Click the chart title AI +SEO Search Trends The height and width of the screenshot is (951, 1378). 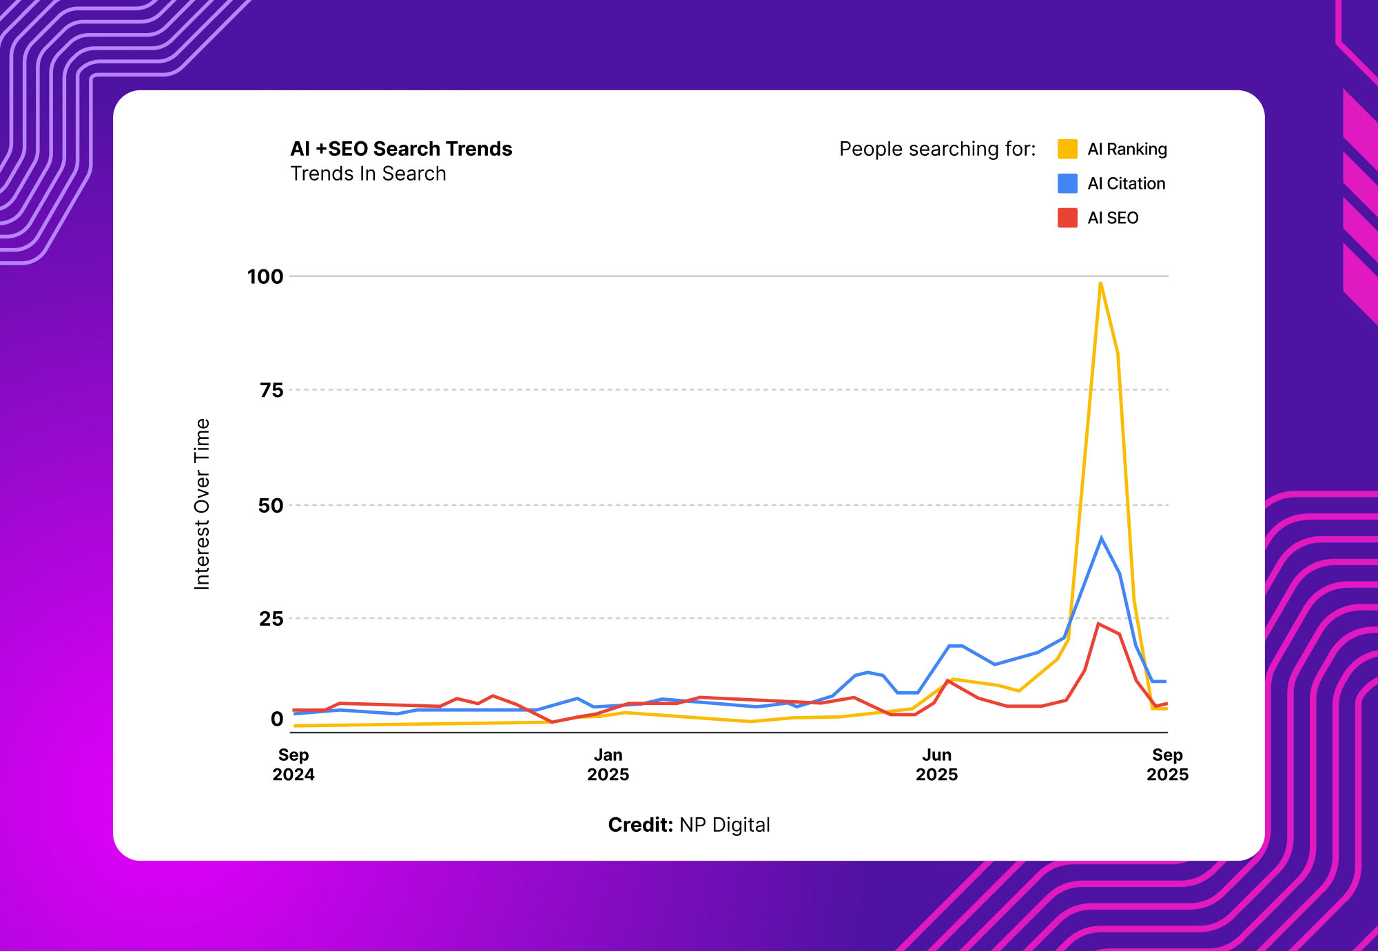pos(401,149)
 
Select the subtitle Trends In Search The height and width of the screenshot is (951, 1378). pos(368,174)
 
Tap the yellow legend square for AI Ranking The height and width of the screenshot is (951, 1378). pos(1067,149)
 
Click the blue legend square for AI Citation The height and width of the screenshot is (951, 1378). pos(1067,183)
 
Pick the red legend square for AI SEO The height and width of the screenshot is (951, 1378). pos(1067,218)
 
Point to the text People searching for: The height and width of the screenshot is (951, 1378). pos(937,149)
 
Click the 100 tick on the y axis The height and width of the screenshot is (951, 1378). pos(265,277)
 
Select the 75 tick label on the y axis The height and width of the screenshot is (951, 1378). pos(271,391)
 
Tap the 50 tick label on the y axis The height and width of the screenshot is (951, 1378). pos(271,506)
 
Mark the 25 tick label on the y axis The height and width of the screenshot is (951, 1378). pos(271,619)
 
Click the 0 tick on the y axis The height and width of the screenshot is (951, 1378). pos(277,719)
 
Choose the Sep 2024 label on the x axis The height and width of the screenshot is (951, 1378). pos(294,765)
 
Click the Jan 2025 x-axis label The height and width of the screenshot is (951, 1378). pos(608,765)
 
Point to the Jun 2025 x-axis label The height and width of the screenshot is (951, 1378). pos(936,765)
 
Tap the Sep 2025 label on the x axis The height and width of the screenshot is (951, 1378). pos(1167,765)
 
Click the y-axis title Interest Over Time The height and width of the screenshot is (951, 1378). pos(202,504)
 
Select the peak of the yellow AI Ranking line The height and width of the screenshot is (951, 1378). pos(1100,283)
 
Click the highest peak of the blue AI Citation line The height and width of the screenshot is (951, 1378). pos(1101,538)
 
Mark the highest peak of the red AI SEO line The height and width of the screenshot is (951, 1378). pos(1098,624)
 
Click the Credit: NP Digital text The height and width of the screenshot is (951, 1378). pos(689,825)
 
